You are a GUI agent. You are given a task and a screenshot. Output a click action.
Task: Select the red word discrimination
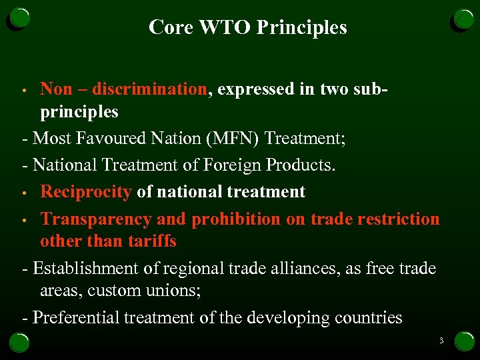click(150, 89)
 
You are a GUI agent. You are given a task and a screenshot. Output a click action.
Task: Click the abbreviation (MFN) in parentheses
click(236, 139)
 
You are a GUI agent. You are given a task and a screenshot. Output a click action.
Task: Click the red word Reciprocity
click(86, 192)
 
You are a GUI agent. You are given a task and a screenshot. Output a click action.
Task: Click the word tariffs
click(150, 241)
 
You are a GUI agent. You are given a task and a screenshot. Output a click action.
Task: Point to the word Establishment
click(84, 269)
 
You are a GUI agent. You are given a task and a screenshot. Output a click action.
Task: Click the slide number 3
click(441, 341)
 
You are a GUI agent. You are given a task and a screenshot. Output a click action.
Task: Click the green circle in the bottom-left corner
click(18, 341)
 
